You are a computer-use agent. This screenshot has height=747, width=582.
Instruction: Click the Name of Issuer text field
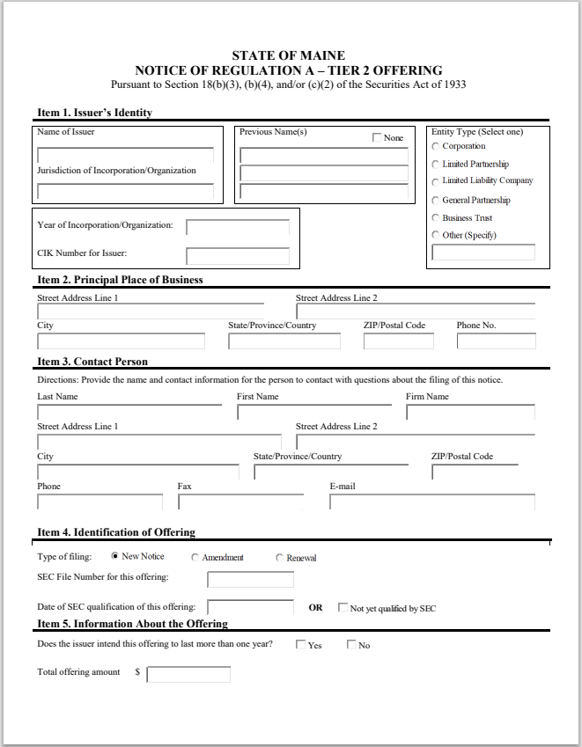coord(125,155)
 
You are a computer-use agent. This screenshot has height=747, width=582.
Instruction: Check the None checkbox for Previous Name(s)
coord(378,138)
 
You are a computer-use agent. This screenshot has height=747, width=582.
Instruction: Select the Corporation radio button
coord(436,146)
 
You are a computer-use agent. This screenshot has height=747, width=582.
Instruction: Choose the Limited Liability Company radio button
coord(436,181)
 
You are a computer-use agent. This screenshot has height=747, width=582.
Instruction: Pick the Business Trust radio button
coord(436,217)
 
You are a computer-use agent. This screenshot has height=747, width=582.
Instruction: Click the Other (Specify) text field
coord(483,253)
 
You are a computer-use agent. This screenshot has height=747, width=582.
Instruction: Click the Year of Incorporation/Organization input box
coord(238,227)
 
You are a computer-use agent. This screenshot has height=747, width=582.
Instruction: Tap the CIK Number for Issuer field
coord(238,256)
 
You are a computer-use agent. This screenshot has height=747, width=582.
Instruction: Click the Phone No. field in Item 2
coord(496,341)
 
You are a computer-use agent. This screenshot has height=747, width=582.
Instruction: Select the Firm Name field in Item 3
coord(470,412)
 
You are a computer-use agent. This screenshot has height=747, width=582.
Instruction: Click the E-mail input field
coord(431,502)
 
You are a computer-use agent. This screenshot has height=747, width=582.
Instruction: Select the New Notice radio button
coord(115,556)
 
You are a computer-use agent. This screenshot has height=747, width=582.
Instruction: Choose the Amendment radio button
coord(195,558)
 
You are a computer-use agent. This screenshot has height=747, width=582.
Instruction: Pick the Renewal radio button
coord(280,558)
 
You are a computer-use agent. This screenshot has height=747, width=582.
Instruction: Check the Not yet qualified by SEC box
coord(343,608)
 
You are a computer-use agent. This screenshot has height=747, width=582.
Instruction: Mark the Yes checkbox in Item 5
coord(301,645)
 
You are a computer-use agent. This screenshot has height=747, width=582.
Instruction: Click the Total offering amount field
coord(188,675)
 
